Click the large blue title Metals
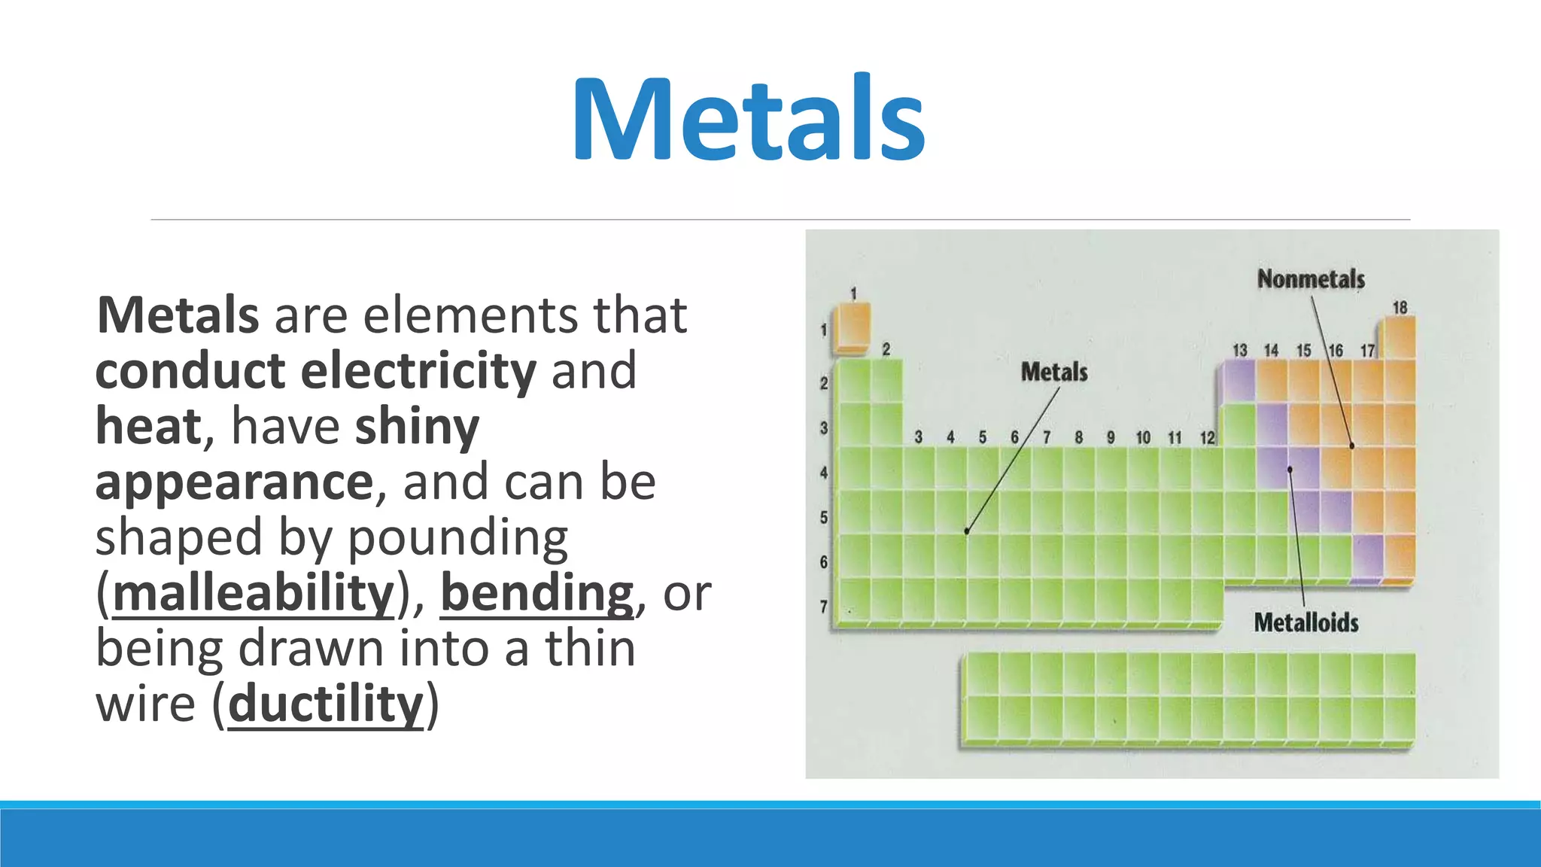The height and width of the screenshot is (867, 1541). (x=749, y=119)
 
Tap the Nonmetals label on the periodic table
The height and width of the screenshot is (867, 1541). (x=1311, y=279)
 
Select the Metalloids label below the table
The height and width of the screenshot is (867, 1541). (x=1306, y=623)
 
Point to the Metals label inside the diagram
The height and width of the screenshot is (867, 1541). (x=1054, y=372)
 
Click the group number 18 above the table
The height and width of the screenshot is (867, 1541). (x=1400, y=308)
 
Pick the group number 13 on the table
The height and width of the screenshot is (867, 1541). (x=1239, y=351)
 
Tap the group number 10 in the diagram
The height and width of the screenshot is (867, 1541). (x=1143, y=438)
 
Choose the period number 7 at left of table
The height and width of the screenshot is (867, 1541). (x=824, y=607)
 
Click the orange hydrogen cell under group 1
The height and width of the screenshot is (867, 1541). (x=853, y=327)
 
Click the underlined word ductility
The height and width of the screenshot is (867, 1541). (x=326, y=704)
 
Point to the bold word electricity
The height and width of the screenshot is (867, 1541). (x=418, y=370)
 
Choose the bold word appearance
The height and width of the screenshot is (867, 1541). (x=234, y=482)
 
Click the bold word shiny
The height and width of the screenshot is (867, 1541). (x=417, y=426)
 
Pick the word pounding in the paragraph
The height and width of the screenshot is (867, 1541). (x=457, y=537)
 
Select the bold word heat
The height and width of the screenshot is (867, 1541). (x=149, y=426)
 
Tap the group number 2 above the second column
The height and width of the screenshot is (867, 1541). (x=886, y=350)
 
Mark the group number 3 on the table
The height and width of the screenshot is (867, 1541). (x=918, y=437)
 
